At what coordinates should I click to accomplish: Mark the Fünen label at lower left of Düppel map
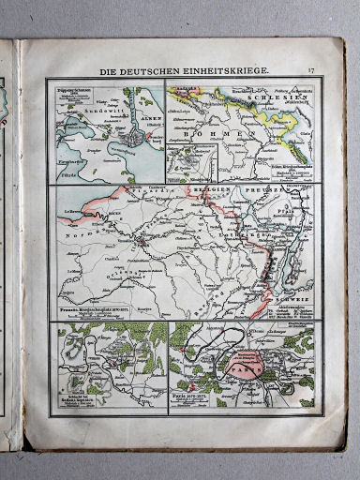67,172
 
